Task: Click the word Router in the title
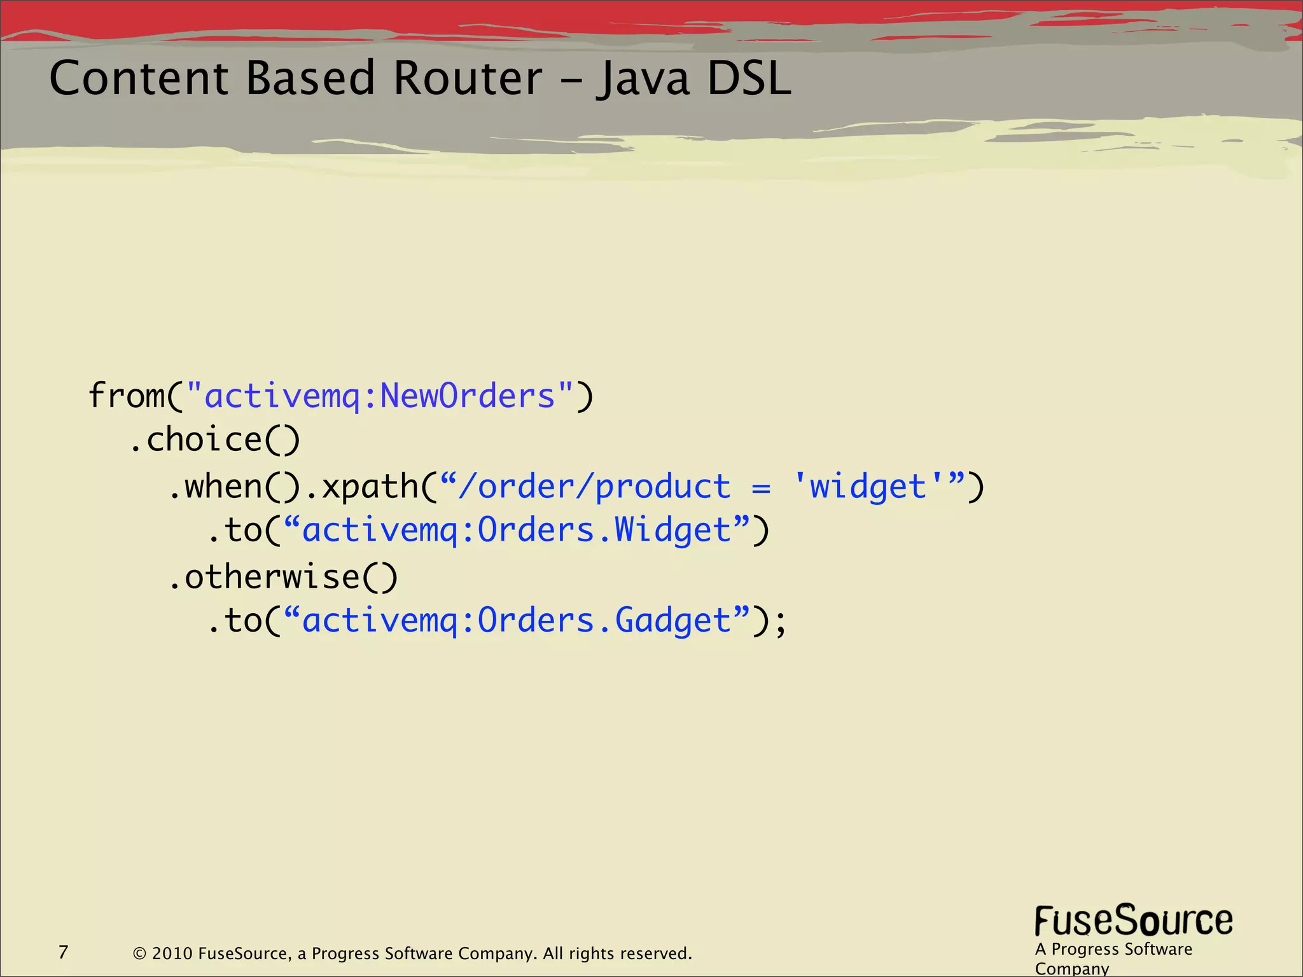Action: click(468, 79)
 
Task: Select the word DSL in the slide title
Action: click(749, 79)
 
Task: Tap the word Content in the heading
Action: click(138, 79)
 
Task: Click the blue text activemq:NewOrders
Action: click(380, 396)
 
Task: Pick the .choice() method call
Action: click(214, 440)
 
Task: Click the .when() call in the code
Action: click(233, 487)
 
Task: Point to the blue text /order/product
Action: click(594, 487)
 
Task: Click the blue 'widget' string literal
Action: click(868, 487)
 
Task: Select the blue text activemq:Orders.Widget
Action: click(517, 530)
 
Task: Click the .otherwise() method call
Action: click(283, 577)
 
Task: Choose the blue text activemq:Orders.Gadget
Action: click(517, 621)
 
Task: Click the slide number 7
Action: click(63, 952)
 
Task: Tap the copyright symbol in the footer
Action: click(139, 953)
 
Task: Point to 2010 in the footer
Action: click(172, 953)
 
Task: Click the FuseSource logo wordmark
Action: click(1133, 921)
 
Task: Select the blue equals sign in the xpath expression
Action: click(761, 488)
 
